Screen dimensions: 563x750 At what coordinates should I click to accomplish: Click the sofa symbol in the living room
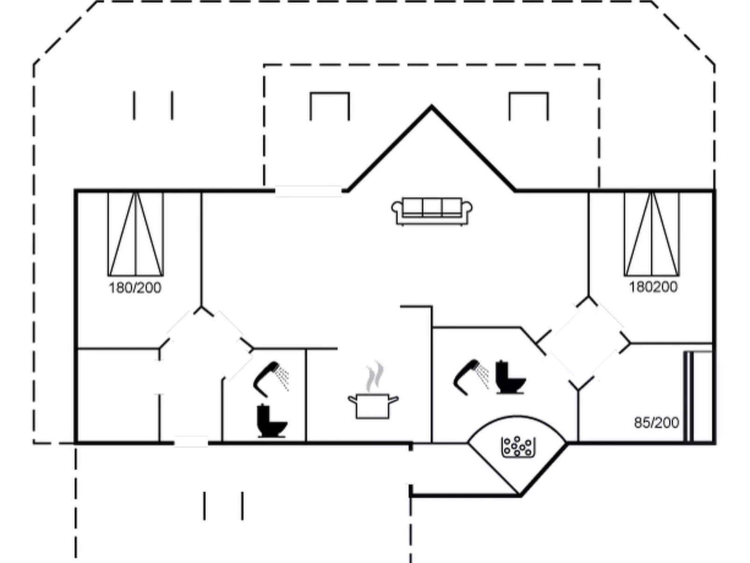tap(432, 211)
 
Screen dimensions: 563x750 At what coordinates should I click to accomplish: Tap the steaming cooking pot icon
tap(373, 405)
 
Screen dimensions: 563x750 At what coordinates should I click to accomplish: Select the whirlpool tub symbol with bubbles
tap(517, 447)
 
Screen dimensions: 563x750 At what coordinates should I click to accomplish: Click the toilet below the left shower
tap(272, 421)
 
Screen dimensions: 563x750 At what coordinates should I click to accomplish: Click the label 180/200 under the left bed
tap(135, 288)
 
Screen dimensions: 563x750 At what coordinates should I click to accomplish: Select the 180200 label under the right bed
tap(653, 287)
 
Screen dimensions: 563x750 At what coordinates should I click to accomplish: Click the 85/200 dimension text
tap(656, 423)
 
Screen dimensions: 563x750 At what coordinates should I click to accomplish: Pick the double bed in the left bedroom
tap(135, 234)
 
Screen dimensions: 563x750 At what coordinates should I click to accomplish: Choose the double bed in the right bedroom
tap(652, 234)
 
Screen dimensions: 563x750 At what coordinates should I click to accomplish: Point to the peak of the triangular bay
tap(432, 107)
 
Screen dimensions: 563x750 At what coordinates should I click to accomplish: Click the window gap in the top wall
tap(308, 191)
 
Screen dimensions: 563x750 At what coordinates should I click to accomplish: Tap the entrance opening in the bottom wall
tap(191, 442)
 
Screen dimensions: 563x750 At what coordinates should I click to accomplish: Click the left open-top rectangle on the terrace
tap(330, 106)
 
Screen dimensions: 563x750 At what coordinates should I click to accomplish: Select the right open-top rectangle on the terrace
tap(528, 106)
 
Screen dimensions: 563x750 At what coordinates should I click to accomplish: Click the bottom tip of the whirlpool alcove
tap(519, 494)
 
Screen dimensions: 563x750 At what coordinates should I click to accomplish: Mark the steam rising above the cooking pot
tap(375, 376)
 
